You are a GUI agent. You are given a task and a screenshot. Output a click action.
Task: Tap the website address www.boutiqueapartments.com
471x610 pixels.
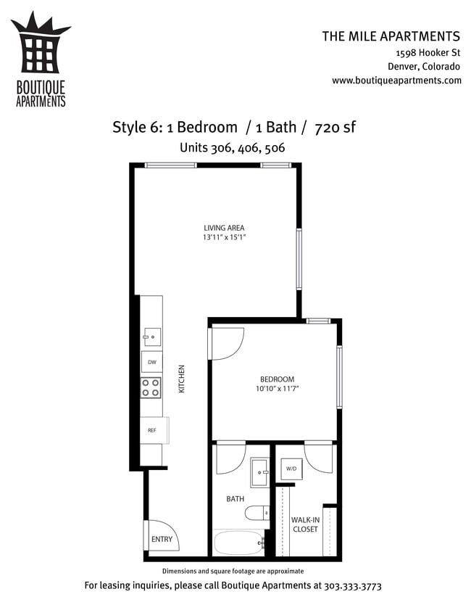[396, 81]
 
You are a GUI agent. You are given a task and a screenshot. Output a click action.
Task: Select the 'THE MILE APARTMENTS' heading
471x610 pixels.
[391, 36]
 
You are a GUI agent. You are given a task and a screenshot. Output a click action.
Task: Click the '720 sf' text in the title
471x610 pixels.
[334, 128]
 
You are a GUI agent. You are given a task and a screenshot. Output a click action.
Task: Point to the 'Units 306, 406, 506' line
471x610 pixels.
[232, 147]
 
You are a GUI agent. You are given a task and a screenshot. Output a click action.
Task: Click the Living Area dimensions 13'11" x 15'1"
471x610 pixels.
[224, 237]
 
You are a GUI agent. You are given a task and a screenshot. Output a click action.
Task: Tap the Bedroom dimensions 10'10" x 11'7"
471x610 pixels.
[277, 389]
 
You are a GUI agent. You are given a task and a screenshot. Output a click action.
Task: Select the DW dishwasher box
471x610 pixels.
[151, 361]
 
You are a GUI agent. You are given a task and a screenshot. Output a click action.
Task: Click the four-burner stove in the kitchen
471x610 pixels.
[151, 388]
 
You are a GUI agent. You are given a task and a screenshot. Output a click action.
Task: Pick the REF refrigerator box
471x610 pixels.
[153, 430]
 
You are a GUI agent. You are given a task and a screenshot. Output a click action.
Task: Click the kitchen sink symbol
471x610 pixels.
[151, 335]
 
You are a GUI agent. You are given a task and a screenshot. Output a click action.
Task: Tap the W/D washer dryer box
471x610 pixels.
[291, 469]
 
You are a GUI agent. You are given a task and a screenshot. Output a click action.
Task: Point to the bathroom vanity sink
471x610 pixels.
[259, 473]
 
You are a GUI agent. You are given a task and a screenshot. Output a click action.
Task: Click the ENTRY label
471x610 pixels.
[162, 539]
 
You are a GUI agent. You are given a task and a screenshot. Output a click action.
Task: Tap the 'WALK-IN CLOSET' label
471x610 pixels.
[305, 524]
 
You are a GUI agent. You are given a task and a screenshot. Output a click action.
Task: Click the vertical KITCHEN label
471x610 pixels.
[182, 379]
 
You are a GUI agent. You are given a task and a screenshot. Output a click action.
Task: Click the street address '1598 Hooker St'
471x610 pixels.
[428, 54]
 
